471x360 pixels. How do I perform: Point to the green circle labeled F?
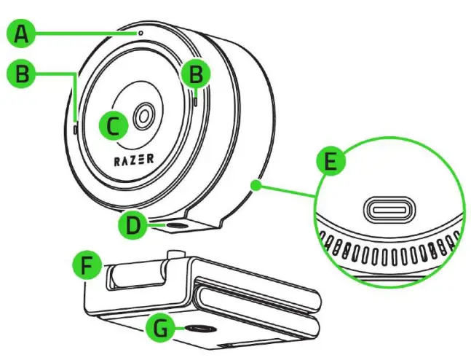coord(89,267)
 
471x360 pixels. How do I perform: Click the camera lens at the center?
coord(143,114)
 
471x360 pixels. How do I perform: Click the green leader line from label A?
coord(87,33)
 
